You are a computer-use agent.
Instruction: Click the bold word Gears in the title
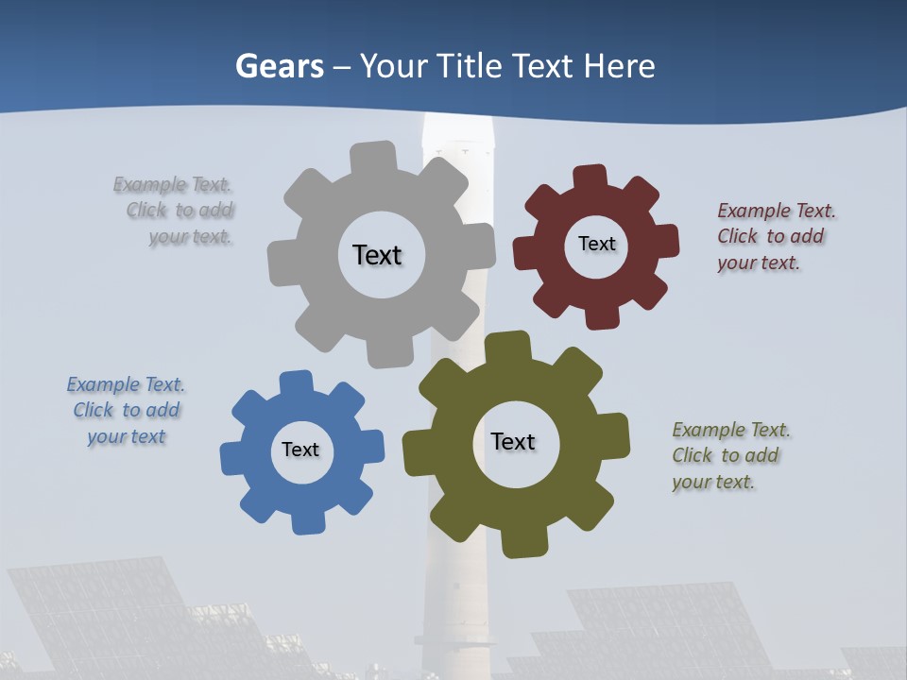coord(279,66)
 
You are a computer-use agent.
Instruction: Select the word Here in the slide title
coord(619,66)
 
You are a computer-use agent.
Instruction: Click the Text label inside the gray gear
coord(377,255)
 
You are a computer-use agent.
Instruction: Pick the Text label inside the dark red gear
coord(596,244)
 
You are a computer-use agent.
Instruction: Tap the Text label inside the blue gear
coord(300,450)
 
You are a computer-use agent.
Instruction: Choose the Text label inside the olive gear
coord(513,441)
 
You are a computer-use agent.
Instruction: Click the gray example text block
coord(176,211)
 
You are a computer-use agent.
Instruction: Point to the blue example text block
coord(126,410)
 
